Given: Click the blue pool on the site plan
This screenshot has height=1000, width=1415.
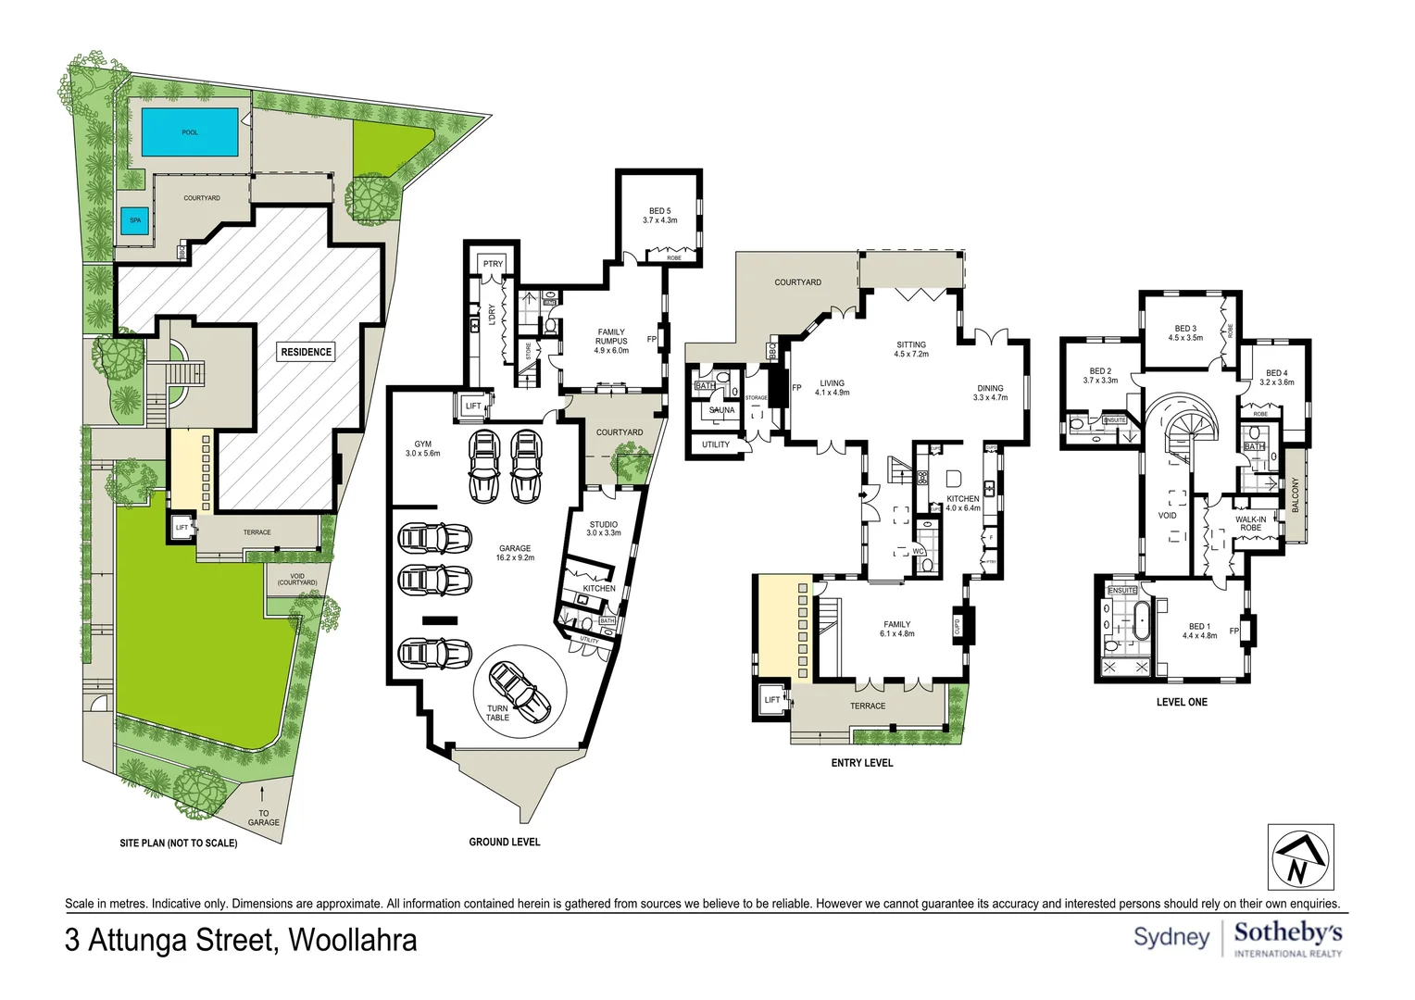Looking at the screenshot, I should tap(190, 132).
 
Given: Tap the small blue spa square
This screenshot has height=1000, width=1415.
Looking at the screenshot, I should tap(135, 220).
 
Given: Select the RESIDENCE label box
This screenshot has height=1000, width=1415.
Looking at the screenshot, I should tap(306, 352).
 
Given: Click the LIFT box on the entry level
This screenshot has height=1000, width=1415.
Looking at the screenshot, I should tap(772, 700).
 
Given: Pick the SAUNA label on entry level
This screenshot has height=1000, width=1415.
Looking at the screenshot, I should tap(721, 410).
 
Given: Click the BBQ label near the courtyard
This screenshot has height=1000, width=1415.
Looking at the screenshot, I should tap(771, 351).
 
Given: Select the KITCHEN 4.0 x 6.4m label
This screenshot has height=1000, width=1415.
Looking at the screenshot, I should tap(962, 503).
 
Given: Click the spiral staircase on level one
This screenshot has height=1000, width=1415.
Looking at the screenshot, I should tap(1188, 435).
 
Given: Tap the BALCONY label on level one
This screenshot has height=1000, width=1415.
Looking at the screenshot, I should tap(1295, 494).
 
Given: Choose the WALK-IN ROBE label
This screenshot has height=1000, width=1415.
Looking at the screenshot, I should tap(1250, 523).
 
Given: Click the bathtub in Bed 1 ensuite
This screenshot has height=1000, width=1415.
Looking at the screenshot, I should tap(1141, 619).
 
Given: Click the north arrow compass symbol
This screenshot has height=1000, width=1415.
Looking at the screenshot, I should tap(1300, 857).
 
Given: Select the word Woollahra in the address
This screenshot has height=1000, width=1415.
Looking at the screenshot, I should tap(352, 940).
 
